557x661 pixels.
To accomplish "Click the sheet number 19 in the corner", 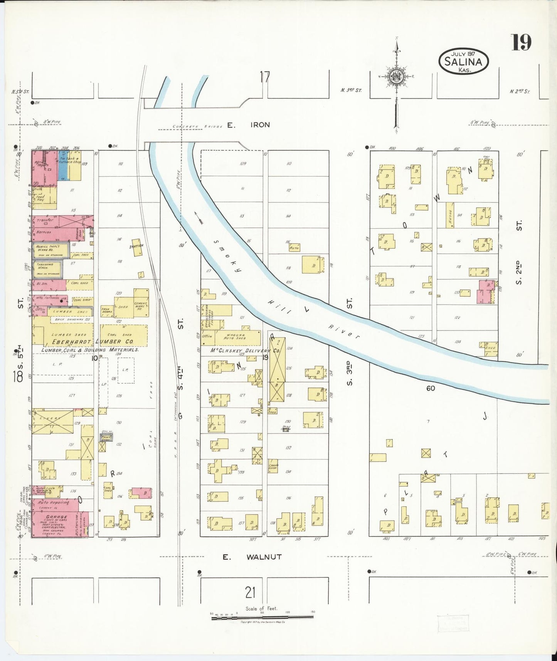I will click(x=521, y=42).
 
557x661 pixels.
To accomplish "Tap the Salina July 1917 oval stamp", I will click(x=463, y=61).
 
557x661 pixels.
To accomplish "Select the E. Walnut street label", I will click(x=252, y=557).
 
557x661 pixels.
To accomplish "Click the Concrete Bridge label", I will click(x=197, y=126).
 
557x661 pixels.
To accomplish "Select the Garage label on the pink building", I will click(x=57, y=517).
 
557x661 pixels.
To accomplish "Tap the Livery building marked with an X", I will click(x=52, y=422).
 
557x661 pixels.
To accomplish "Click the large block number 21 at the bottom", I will click(x=251, y=591).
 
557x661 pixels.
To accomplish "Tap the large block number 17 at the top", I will click(x=264, y=77).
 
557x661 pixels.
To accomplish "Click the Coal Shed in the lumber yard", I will click(x=124, y=335).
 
